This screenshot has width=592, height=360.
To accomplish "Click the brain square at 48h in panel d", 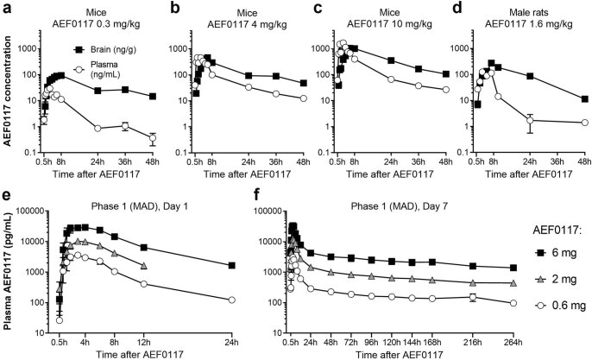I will pyautogui.click(x=585, y=99).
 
